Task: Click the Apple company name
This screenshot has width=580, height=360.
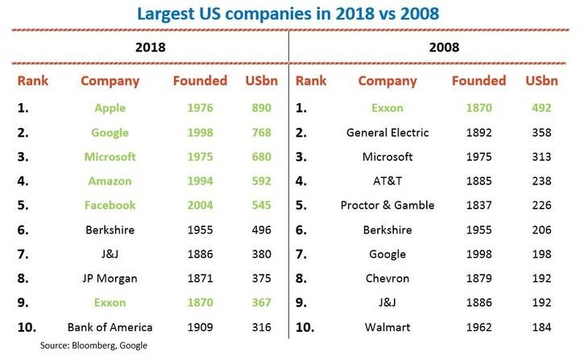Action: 110,108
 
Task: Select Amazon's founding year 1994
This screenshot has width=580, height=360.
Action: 200,181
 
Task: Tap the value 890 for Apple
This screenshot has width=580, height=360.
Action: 262,108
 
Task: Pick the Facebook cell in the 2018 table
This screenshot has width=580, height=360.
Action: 110,205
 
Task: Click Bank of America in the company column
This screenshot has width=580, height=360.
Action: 110,327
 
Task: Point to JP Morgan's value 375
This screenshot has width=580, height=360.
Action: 262,278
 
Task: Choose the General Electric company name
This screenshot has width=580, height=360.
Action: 387,132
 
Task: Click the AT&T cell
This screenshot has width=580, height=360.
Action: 387,181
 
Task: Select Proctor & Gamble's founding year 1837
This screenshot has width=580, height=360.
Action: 478,205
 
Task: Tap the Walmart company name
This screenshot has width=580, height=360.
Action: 387,327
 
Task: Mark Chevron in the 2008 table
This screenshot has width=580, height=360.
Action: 387,278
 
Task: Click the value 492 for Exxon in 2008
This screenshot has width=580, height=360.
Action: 541,108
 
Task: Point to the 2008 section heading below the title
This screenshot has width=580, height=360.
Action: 444,48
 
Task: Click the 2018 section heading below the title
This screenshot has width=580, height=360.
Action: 150,48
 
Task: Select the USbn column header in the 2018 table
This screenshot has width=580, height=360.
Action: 262,81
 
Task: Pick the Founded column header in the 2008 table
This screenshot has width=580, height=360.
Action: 478,81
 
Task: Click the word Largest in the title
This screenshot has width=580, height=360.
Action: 165,14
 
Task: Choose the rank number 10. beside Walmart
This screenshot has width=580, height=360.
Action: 304,327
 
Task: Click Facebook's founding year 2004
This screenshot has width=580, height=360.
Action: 200,205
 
